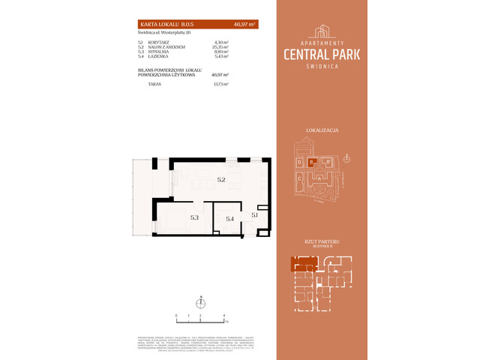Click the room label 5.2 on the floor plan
coord(221,180)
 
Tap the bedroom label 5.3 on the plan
coord(194,217)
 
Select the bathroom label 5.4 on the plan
coord(230,218)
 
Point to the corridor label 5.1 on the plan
coord(255,215)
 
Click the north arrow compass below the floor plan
coord(200,304)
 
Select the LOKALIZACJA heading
coord(322,130)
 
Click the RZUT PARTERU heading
coord(322,240)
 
